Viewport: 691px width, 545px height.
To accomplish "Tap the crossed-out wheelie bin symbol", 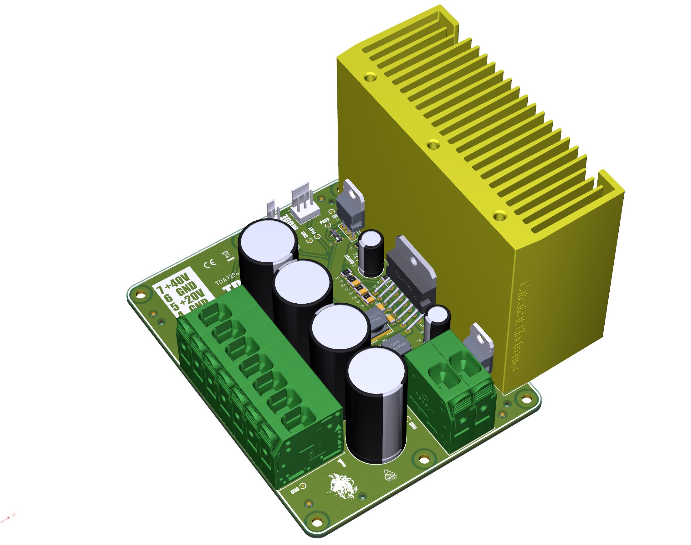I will [x=227, y=255].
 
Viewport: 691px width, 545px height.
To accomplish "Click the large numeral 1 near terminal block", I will [x=341, y=463].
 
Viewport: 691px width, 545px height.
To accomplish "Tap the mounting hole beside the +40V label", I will [x=141, y=293].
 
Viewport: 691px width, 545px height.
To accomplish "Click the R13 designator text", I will [x=337, y=278].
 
